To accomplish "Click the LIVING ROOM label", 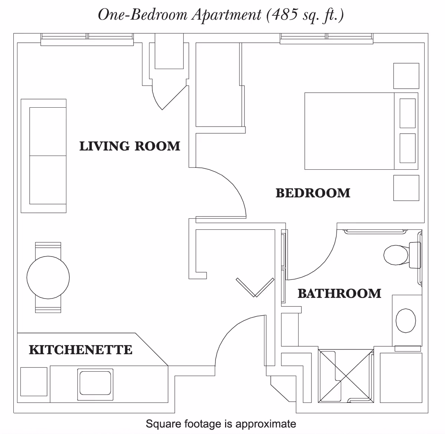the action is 130,146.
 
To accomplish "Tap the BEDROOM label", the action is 313,193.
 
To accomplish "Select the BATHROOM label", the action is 339,293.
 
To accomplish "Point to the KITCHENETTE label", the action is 80,350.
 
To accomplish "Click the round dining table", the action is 48,277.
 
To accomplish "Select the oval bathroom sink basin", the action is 406,320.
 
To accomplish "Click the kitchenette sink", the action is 95,384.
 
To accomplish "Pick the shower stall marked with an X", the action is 346,376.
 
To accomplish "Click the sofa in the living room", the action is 43,156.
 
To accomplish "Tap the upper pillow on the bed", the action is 408,113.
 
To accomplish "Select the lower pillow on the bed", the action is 408,148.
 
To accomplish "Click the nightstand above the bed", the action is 406,76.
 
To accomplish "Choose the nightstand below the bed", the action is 406,188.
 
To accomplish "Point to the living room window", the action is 87,39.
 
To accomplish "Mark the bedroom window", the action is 326,39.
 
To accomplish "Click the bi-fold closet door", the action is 255,287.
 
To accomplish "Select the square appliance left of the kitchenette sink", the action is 34,382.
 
